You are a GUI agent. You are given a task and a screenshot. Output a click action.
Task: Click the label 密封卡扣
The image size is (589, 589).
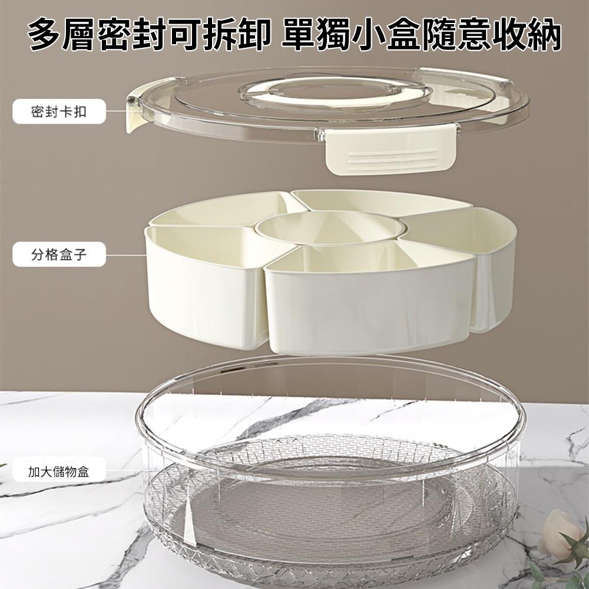(x=59, y=111)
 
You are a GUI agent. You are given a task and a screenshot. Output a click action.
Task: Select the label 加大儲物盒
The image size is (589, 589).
(x=59, y=471)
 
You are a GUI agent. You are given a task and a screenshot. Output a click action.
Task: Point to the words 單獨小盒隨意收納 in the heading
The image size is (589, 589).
(x=421, y=34)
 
